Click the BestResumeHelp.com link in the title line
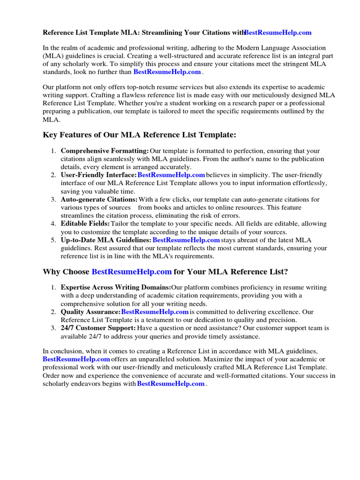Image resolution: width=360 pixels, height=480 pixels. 277,33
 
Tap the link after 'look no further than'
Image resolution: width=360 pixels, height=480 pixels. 167,72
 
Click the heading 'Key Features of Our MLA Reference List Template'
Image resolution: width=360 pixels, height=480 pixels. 140,135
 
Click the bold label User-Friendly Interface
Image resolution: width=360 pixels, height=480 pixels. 98,175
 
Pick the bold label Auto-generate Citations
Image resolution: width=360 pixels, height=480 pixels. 99,200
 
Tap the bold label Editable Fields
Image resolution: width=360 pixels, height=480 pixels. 85,224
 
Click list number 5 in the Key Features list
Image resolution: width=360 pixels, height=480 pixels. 53,240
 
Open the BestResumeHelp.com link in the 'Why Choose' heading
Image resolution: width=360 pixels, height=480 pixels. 131,272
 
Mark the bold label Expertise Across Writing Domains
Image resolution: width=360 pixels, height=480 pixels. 116,287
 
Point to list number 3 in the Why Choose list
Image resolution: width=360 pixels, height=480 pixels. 53,328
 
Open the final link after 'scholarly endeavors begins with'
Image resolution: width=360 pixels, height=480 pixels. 171,383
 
